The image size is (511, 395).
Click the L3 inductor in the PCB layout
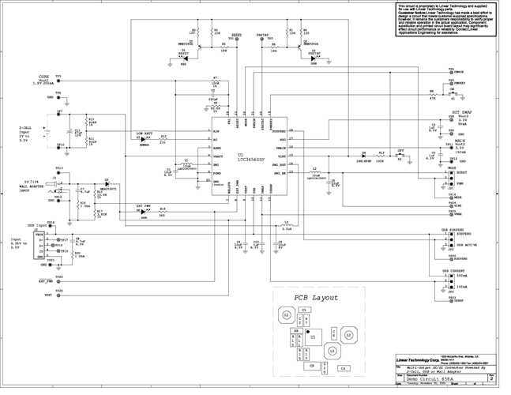click(x=333, y=349)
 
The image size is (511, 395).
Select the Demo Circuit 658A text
click(x=426, y=379)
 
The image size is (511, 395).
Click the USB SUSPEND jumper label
click(x=457, y=229)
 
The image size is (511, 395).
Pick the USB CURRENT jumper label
click(x=457, y=270)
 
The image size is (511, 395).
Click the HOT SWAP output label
click(x=463, y=113)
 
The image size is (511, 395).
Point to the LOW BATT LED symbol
click(x=144, y=140)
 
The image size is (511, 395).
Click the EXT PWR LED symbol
click(x=144, y=213)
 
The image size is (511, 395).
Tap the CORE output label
click(x=43, y=77)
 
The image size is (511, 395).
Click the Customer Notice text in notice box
click(x=410, y=13)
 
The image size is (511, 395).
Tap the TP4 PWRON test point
click(x=451, y=72)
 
